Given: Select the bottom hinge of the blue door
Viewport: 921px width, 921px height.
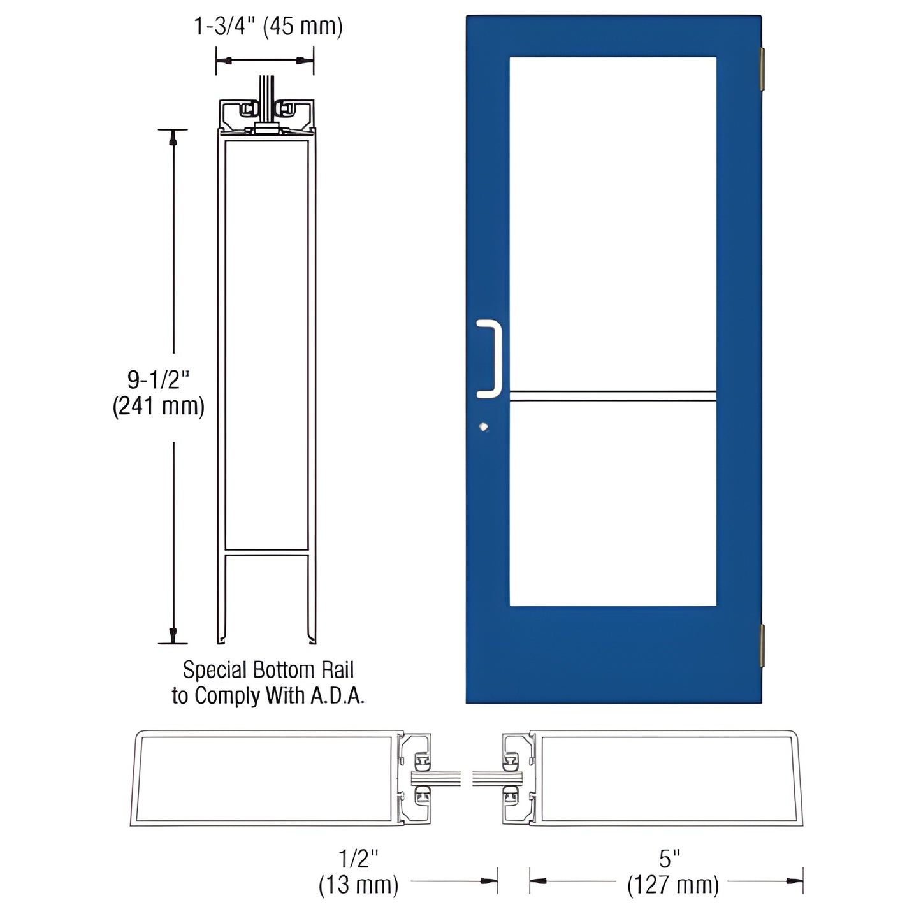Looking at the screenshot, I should coord(760,644).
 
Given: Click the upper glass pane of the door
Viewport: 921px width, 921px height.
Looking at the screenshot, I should coord(612,223).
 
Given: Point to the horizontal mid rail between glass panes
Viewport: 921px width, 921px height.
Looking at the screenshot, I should coord(612,396).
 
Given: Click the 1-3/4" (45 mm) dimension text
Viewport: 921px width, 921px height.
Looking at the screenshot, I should coord(268,27).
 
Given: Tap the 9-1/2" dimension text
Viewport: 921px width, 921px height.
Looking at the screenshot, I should coord(159,380).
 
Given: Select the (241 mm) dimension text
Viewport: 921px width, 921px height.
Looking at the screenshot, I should coord(159,406).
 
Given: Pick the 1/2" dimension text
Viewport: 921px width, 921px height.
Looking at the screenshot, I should coord(358,859).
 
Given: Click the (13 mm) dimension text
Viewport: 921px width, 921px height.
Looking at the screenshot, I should coord(358,885).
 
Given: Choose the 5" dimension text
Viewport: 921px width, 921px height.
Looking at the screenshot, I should coord(666,859).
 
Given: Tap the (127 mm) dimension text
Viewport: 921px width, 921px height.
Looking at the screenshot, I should coord(673,885).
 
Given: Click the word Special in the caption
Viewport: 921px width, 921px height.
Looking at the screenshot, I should coord(214,670).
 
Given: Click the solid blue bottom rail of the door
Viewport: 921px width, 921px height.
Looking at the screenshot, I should coord(612,656).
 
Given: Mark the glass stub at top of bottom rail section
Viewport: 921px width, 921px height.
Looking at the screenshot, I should coord(266,96).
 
